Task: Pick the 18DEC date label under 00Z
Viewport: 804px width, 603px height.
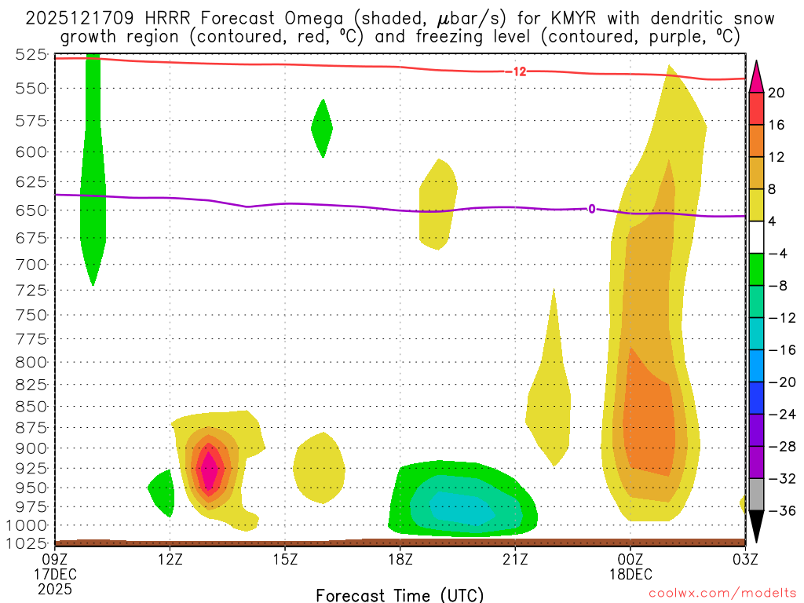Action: [x=630, y=574]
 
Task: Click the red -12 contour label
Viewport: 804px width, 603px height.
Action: [x=517, y=71]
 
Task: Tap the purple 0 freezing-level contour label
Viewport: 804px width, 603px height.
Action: [x=591, y=209]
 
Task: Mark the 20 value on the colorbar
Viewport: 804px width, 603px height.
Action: [x=777, y=93]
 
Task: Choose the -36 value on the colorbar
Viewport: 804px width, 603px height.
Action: [x=780, y=511]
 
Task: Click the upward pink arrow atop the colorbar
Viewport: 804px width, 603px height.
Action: [x=756, y=75]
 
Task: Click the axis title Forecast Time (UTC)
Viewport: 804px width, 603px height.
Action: [x=400, y=594]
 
